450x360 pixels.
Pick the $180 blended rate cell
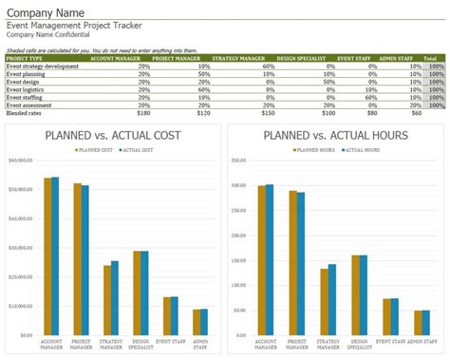(142, 111)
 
